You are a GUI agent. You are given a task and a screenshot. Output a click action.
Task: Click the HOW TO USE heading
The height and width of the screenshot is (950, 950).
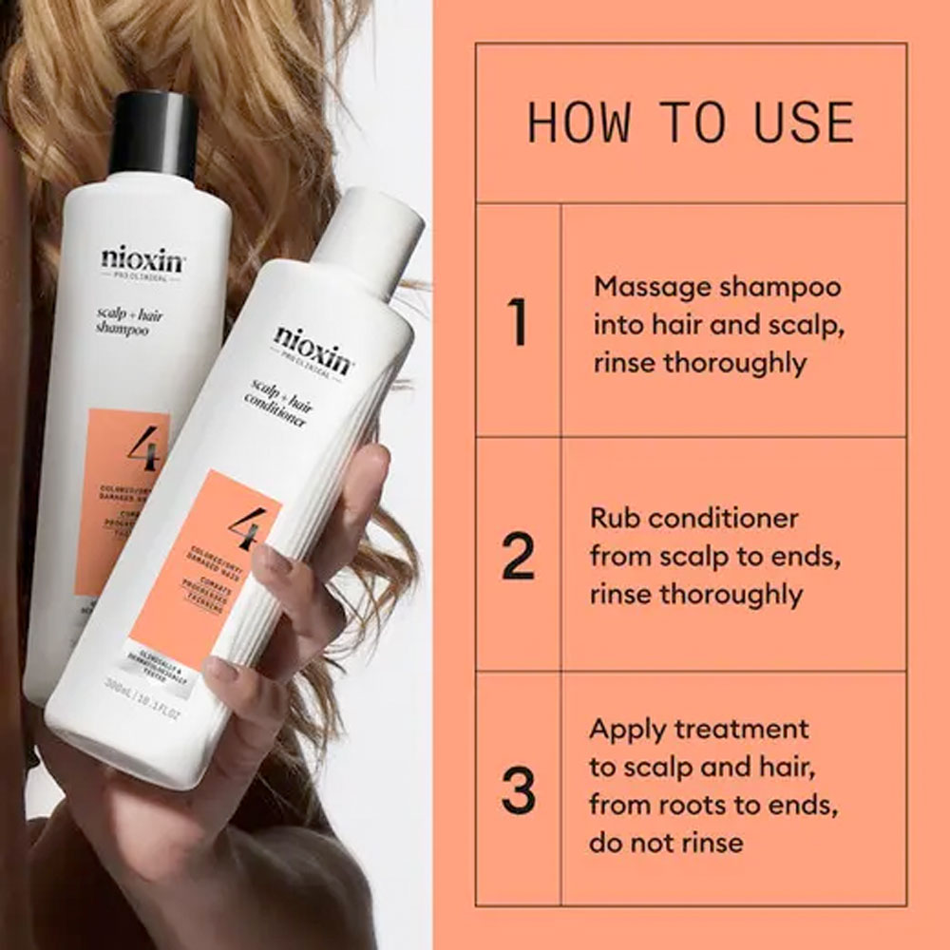click(691, 123)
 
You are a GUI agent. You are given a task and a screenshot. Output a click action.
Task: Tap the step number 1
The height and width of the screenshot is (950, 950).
click(518, 322)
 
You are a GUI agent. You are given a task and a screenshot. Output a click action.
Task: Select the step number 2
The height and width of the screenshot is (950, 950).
click(518, 557)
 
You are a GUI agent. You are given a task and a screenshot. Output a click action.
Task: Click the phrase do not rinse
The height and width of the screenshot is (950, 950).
click(666, 842)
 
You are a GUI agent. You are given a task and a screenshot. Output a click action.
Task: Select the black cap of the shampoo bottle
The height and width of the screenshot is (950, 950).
click(153, 133)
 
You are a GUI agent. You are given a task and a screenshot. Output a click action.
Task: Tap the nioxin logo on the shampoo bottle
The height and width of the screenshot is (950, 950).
click(143, 258)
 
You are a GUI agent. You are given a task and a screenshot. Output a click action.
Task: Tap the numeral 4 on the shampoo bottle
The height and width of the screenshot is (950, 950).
click(142, 450)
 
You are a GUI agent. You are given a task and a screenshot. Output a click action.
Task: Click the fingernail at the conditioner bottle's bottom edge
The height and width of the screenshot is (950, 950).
click(221, 670)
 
